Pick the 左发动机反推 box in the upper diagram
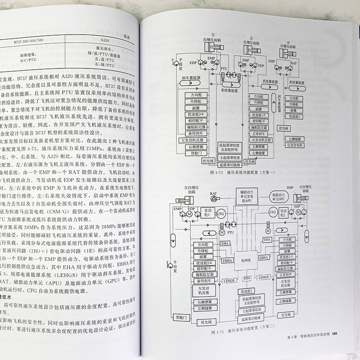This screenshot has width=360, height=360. pyautogui.click(x=198, y=141)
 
